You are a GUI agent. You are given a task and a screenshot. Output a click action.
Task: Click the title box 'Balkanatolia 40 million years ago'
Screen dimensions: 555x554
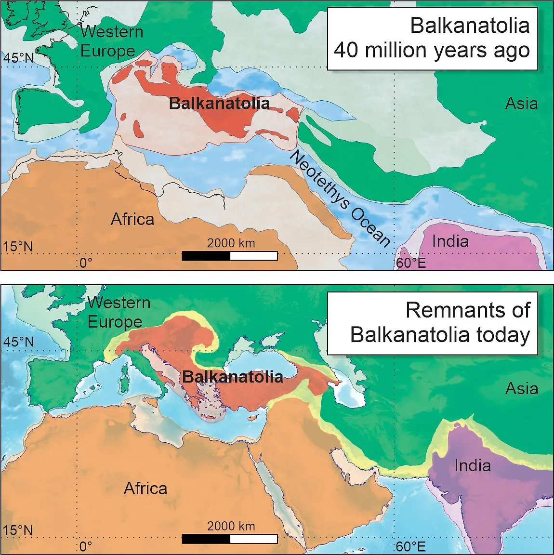point(432,38)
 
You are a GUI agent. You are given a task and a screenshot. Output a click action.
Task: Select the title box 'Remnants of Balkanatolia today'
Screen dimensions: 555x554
point(432,323)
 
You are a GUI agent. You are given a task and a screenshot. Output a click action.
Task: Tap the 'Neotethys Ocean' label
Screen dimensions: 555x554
point(340,198)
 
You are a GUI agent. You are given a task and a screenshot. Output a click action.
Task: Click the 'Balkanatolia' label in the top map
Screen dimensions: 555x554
point(219,103)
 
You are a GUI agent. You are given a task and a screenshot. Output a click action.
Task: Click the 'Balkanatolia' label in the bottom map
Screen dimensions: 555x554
point(232,377)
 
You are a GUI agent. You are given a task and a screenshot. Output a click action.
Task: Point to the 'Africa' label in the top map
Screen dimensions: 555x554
point(132,220)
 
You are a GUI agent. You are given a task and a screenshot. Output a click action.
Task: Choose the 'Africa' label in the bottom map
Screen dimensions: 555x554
point(145,489)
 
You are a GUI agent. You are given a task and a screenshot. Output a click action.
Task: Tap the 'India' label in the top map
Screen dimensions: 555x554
point(450,241)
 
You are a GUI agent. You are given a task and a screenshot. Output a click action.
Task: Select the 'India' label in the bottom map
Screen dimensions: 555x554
point(473,466)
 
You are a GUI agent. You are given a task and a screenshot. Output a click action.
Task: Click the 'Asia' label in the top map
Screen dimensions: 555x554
point(521,104)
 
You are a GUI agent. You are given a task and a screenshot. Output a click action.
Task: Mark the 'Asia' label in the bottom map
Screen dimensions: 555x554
point(521,388)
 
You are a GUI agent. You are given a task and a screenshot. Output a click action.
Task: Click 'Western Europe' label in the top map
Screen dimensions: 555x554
point(111,41)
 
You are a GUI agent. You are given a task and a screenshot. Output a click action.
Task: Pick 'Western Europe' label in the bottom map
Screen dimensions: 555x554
point(119,312)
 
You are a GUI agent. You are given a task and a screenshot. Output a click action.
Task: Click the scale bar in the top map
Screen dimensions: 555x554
point(230,256)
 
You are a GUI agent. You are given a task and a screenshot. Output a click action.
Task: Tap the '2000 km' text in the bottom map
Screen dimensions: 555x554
point(231,526)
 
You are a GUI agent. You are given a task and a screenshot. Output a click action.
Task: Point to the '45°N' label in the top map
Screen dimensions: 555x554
point(19,58)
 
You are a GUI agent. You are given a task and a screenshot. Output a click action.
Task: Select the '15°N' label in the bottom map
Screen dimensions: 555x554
point(18,530)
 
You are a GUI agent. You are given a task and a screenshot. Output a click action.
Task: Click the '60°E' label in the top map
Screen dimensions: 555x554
point(410,263)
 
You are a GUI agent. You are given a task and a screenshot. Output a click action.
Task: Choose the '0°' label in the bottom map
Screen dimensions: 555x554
point(86,547)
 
